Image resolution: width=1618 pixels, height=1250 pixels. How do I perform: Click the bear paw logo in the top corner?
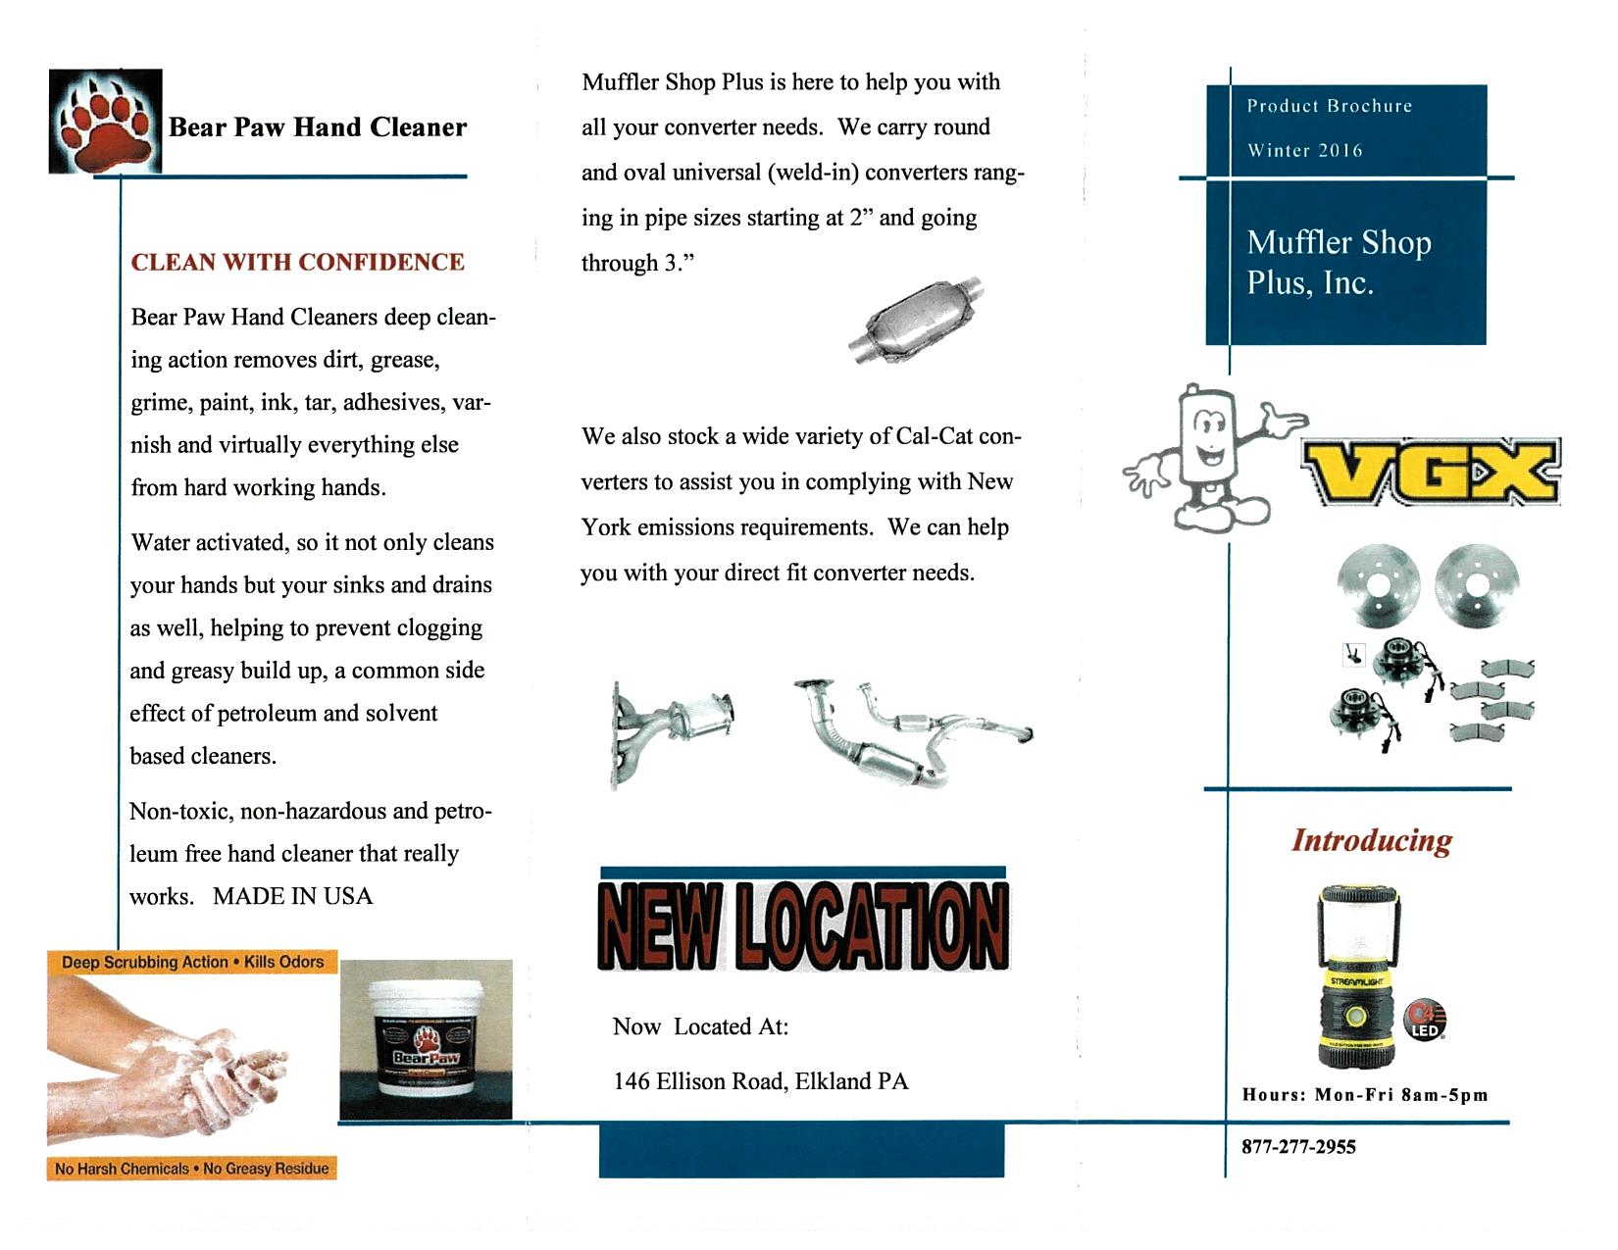tap(105, 122)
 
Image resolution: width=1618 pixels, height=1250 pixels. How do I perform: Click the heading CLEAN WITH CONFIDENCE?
tap(297, 263)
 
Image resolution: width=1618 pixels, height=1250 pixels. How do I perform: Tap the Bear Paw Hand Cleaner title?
tap(318, 127)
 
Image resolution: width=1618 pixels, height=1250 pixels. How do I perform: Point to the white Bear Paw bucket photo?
tap(426, 1039)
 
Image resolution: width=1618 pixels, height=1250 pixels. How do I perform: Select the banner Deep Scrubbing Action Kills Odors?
tap(192, 962)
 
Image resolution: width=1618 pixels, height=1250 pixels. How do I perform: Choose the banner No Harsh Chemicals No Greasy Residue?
tap(192, 1169)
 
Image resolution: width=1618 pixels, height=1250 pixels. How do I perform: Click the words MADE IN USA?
tap(292, 896)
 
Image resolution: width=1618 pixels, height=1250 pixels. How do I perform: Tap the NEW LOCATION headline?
tap(803, 925)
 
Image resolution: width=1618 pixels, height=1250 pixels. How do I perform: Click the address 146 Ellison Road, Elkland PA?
tap(761, 1081)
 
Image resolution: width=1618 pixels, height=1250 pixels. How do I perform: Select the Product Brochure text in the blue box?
tap(1329, 106)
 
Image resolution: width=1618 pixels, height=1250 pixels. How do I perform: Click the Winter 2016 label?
tap(1304, 151)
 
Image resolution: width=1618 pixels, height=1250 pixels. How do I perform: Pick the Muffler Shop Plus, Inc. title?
tap(1339, 262)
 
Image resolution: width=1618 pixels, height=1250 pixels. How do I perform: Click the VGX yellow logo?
tap(1431, 472)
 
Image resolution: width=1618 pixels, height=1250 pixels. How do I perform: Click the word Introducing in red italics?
tap(1371, 840)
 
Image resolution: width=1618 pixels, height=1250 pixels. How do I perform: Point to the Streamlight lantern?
tap(1361, 975)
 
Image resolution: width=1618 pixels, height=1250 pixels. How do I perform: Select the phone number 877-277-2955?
tap(1298, 1147)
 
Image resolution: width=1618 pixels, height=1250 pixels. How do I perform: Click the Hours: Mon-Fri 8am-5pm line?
tap(1365, 1095)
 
